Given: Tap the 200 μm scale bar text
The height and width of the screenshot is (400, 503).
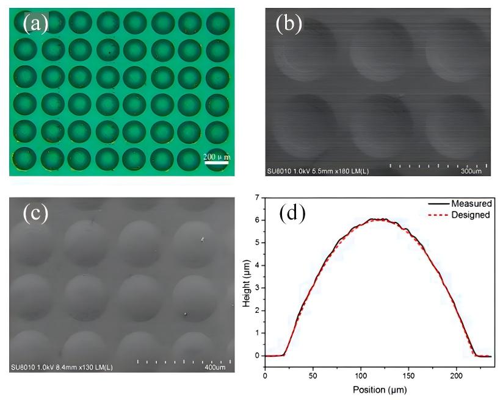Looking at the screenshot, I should (x=217, y=157).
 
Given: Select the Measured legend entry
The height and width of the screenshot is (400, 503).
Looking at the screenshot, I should (x=472, y=203).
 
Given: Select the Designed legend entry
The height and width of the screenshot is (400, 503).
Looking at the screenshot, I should (x=472, y=215).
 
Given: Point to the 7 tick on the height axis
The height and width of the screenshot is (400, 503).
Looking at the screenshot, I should (x=258, y=198).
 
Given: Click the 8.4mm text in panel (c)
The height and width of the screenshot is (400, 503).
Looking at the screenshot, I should (x=65, y=368).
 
